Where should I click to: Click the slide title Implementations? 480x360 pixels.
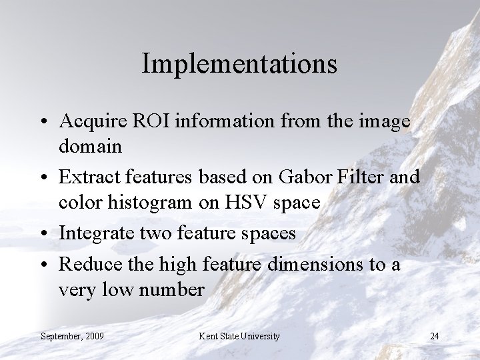point(239,65)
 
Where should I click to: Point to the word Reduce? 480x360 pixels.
point(84,265)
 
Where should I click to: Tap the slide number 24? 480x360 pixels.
point(434,336)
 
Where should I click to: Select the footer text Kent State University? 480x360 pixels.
point(239,336)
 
